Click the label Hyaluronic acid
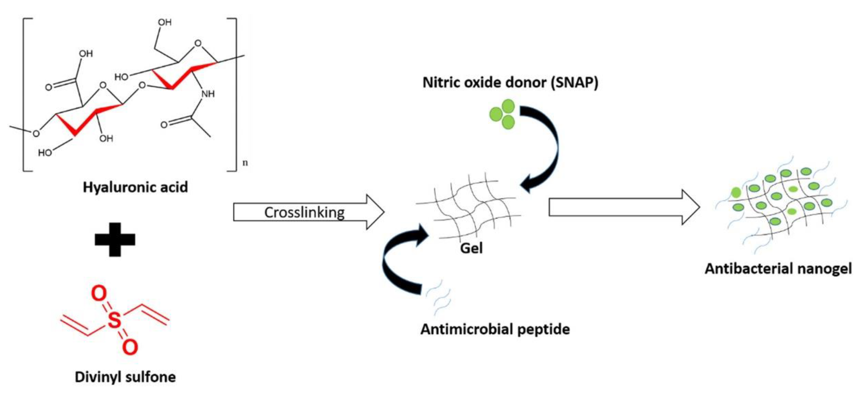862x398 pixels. coord(135,187)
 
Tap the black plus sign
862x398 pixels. coord(115,239)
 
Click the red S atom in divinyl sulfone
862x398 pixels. coord(115,319)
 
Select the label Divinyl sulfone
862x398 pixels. coord(125,377)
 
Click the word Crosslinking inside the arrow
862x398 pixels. coord(304,212)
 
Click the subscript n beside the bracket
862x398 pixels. coord(245,163)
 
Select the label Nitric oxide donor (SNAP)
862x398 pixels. coord(510,83)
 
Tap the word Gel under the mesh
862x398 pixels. coord(471,248)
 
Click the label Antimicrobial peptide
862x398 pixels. coord(495,329)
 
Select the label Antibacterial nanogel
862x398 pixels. coord(778,269)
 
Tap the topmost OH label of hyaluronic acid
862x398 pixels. coord(165,22)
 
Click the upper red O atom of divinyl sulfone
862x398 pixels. coord(99,294)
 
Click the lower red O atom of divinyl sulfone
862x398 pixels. coord(130,347)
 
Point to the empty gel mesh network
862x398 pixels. coord(469,207)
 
